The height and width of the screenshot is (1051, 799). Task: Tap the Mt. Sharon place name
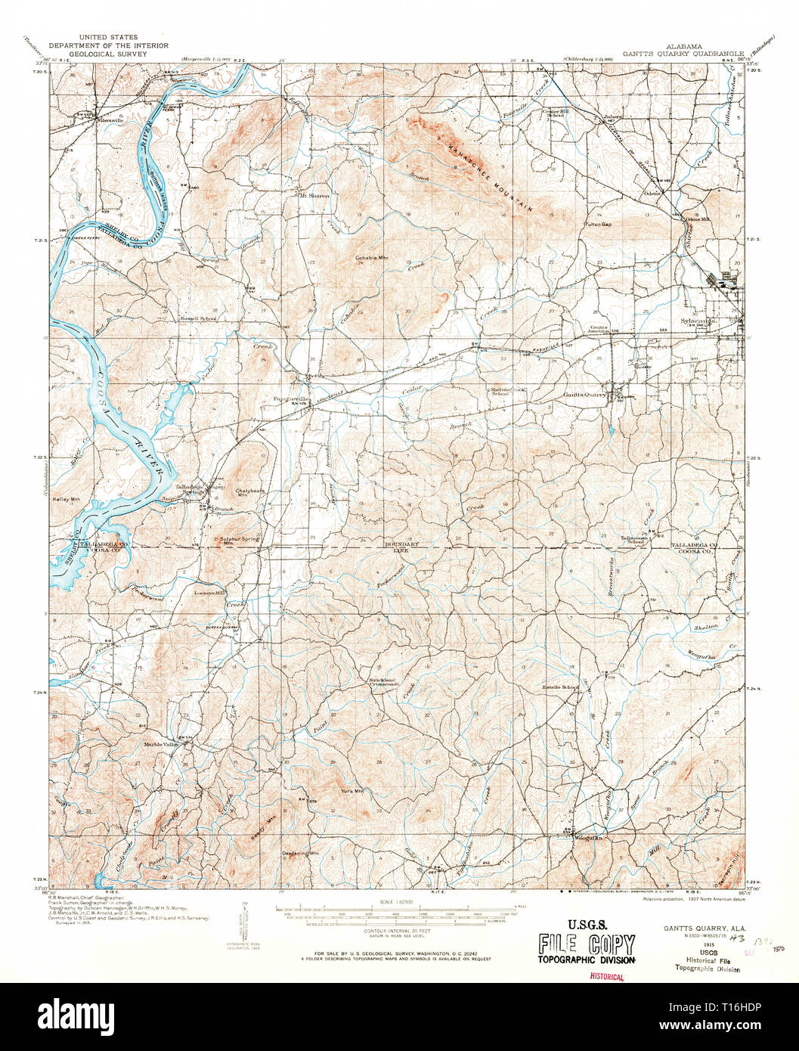tap(314, 196)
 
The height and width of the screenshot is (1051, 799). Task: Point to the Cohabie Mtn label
tap(372, 258)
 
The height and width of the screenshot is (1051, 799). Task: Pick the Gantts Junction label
tap(599, 330)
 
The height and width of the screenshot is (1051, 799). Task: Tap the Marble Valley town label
tap(161, 744)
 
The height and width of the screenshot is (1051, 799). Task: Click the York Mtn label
tap(352, 791)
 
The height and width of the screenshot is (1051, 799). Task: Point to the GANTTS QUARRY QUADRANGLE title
tap(683, 54)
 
